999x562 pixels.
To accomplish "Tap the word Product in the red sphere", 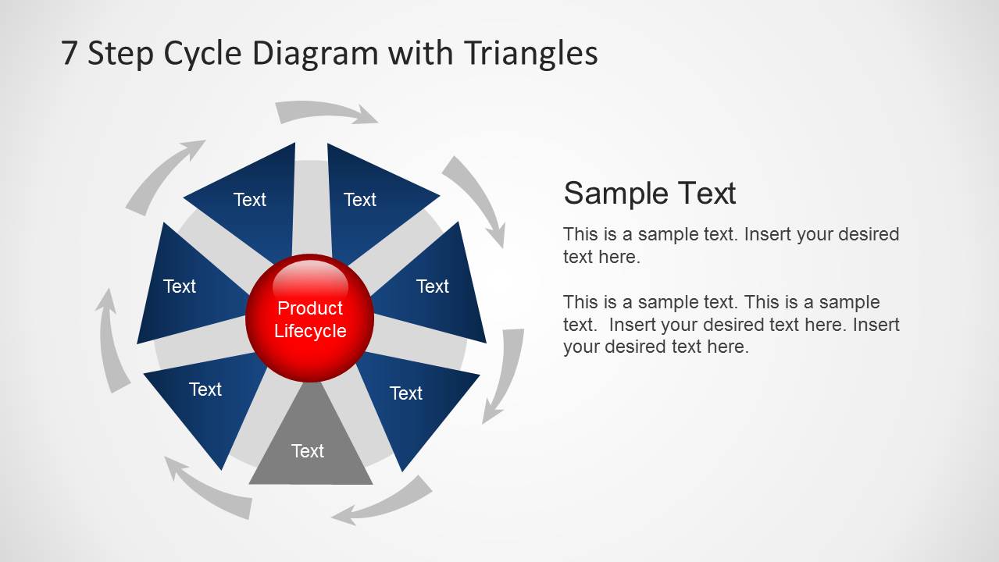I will pyautogui.click(x=310, y=308).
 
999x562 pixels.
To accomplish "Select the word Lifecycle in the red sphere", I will pyautogui.click(x=310, y=331).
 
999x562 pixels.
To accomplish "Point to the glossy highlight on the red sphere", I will pyautogui.click(x=310, y=276).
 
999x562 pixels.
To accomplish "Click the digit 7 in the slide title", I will pyautogui.click(x=70, y=54).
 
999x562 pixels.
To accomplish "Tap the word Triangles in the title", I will pyautogui.click(x=530, y=54).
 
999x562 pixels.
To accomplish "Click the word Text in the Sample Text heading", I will pyautogui.click(x=706, y=193).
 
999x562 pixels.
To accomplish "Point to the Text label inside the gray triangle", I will pyautogui.click(x=308, y=451).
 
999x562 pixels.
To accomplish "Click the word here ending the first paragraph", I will pyautogui.click(x=622, y=257).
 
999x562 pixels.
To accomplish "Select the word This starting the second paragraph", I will pyautogui.click(x=580, y=302).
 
